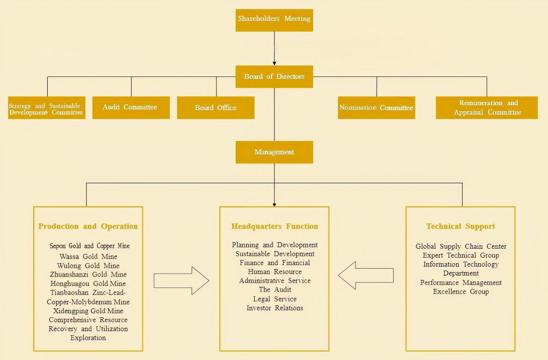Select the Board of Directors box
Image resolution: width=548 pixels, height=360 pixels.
click(x=274, y=77)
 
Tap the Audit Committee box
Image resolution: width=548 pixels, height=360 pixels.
click(x=131, y=107)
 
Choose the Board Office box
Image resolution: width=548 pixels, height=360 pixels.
click(x=215, y=108)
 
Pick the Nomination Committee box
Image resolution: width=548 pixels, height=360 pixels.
click(x=376, y=108)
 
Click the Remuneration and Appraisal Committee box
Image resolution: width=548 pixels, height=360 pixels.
click(x=486, y=108)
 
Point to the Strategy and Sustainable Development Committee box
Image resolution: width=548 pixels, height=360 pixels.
click(x=46, y=108)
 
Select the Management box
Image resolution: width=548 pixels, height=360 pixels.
click(x=274, y=152)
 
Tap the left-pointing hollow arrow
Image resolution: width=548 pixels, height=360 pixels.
click(x=366, y=275)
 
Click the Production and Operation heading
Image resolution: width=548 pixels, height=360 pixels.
click(x=88, y=226)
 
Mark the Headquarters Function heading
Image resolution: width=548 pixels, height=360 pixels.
click(x=274, y=226)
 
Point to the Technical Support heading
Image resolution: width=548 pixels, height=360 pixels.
click(x=460, y=226)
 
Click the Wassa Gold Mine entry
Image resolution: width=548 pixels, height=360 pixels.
click(x=88, y=256)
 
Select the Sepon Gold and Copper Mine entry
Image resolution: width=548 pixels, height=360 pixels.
click(x=89, y=246)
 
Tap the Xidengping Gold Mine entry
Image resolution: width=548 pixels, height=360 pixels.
click(x=88, y=311)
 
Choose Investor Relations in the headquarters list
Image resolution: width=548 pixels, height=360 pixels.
click(x=274, y=308)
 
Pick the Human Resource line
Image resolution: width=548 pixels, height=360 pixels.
click(x=274, y=272)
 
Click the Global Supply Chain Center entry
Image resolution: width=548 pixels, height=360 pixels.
click(x=461, y=246)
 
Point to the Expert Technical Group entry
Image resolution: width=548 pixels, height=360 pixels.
click(x=461, y=255)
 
